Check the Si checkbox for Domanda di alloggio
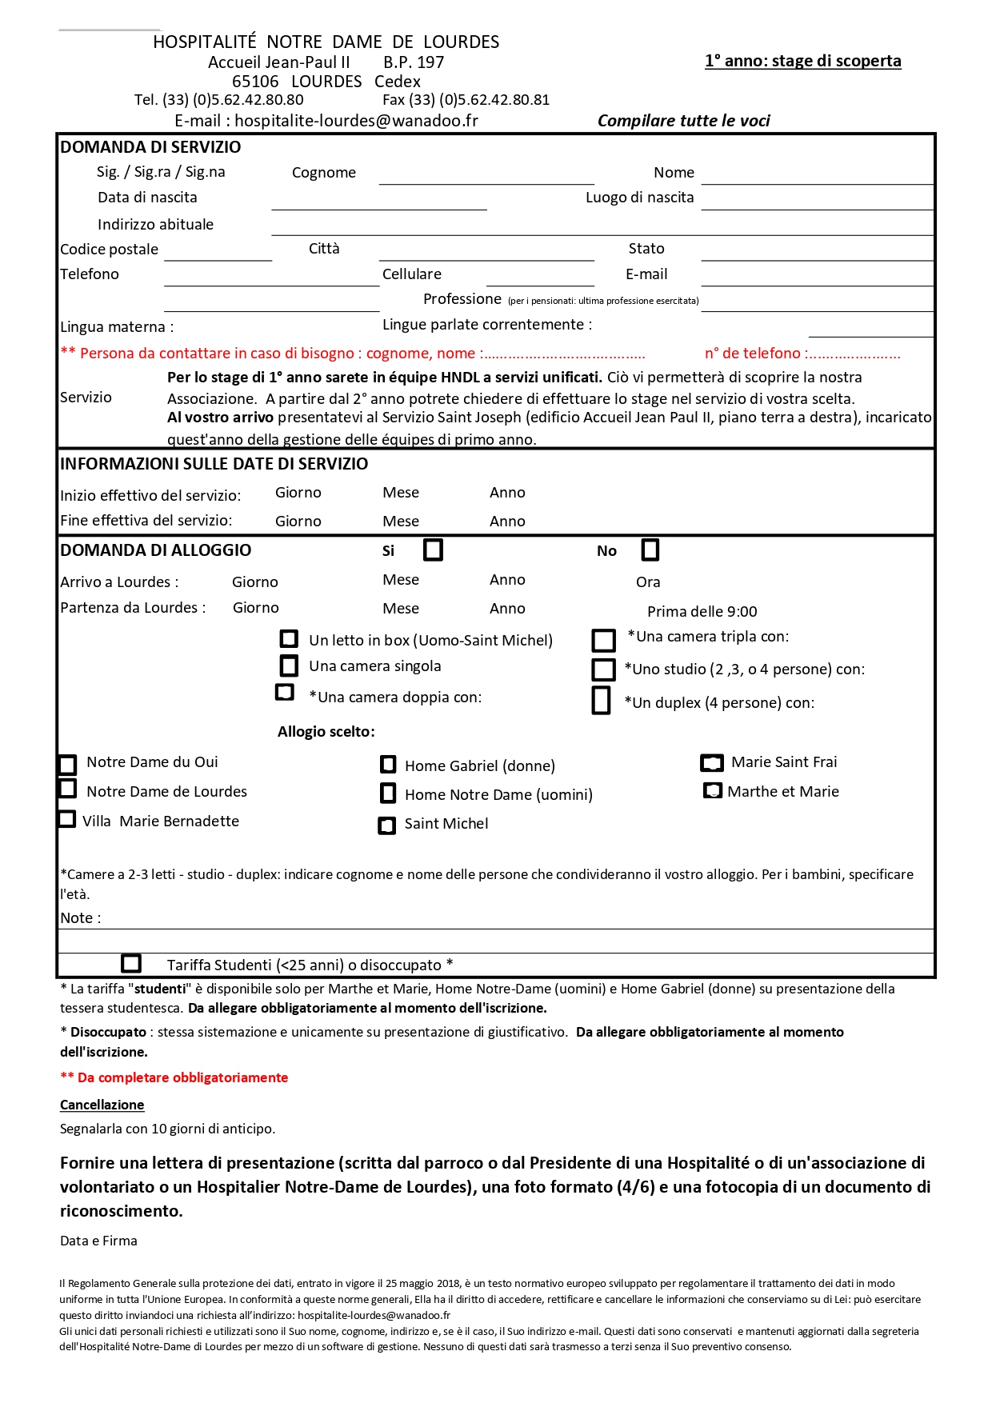coord(433,550)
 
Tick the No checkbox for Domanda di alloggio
coord(650,550)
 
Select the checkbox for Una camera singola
coord(289,666)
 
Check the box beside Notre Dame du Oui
coord(68,765)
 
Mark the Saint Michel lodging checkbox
coord(387,825)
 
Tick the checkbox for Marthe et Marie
coord(712,791)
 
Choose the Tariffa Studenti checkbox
coord(131,963)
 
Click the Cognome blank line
coord(486,178)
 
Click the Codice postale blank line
coord(218,254)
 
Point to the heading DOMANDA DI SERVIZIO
coord(150,147)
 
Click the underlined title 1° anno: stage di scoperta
coord(802,61)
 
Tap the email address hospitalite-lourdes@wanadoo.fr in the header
coord(356,121)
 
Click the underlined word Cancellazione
coord(102,1105)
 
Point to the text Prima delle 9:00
coord(702,612)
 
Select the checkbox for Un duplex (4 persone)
coord(602,700)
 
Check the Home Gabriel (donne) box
coord(388,765)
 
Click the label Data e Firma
coord(98,1241)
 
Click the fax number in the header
coord(466,100)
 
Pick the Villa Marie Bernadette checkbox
coord(67,819)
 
